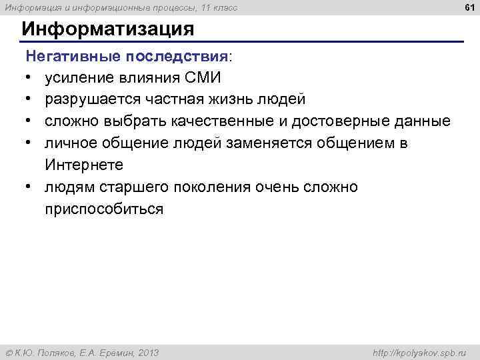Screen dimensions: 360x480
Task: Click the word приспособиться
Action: (x=103, y=209)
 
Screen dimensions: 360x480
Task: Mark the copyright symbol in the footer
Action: (x=8, y=352)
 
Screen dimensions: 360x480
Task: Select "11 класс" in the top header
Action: (x=217, y=7)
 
